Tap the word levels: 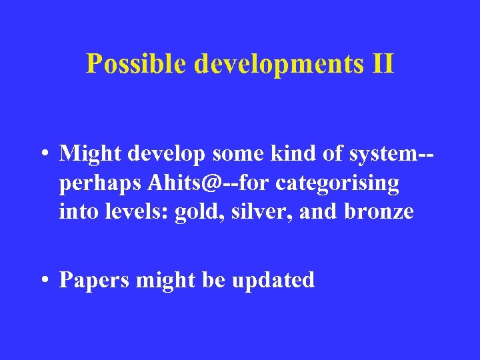tap(136, 212)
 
